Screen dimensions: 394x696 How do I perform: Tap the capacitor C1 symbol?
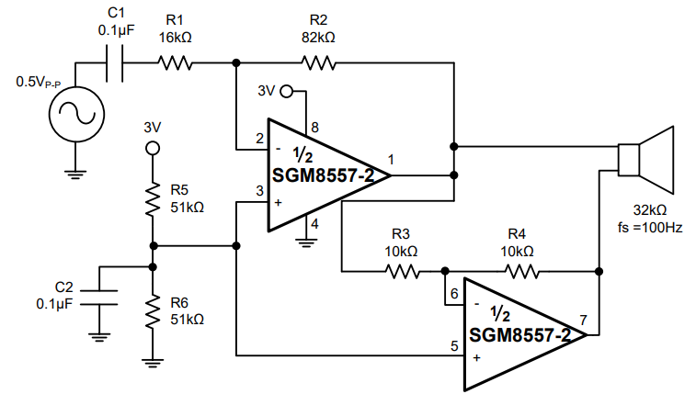click(115, 63)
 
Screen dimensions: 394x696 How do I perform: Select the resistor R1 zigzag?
click(176, 63)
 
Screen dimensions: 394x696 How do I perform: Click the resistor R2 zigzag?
click(318, 63)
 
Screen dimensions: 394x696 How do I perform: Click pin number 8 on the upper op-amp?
click(314, 128)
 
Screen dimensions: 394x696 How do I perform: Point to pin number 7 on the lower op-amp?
click(582, 319)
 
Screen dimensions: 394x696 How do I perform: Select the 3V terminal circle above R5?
click(154, 147)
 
